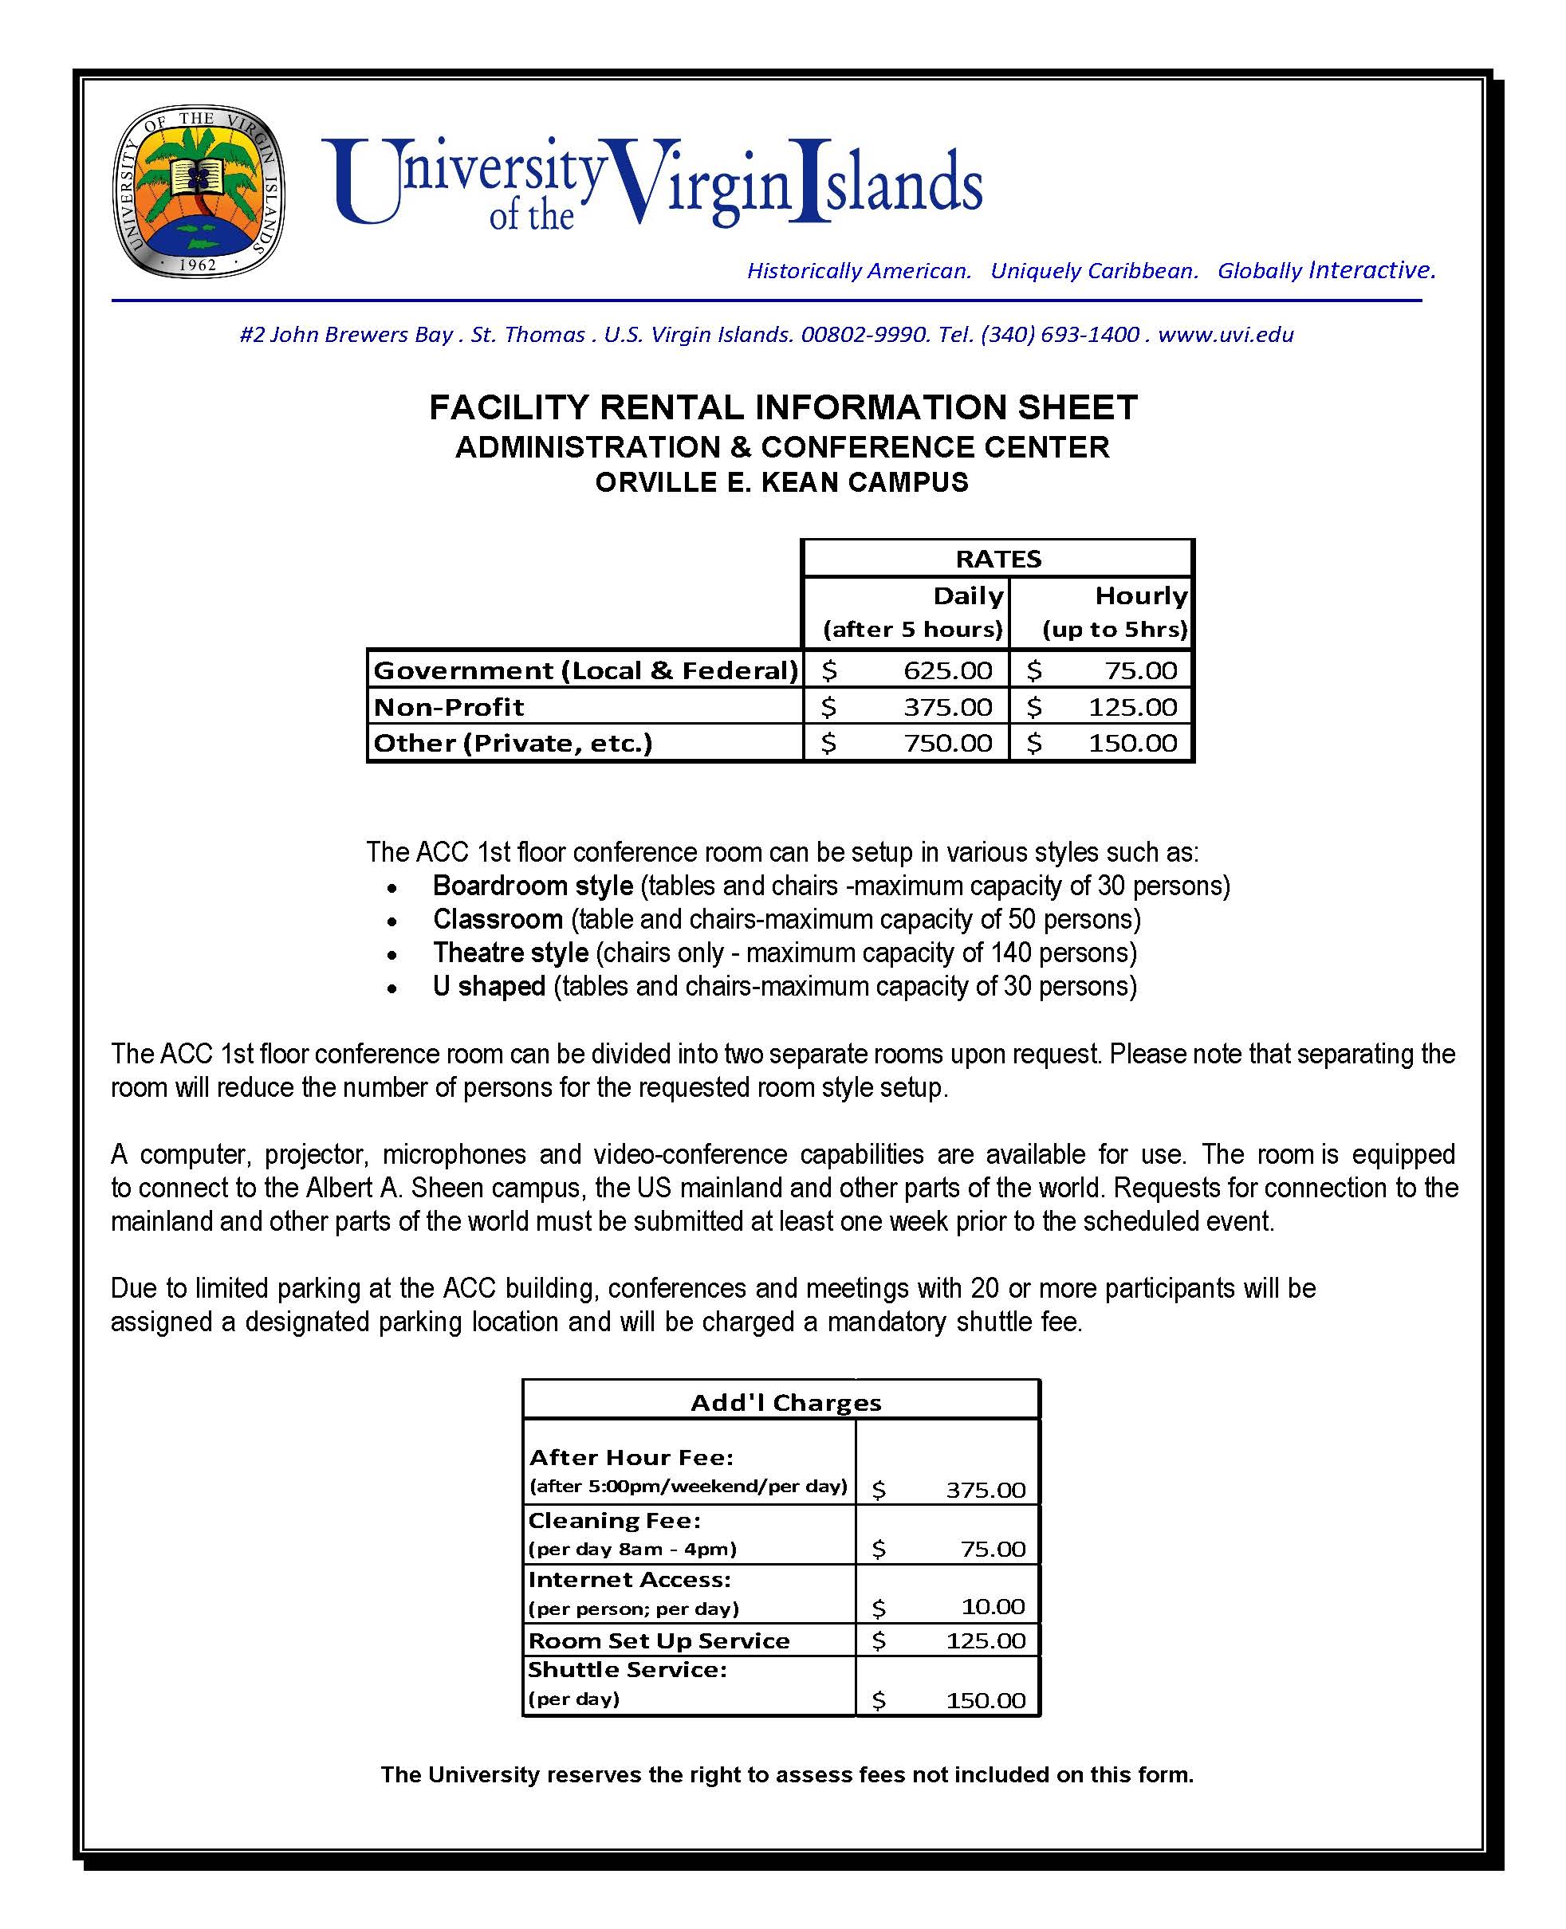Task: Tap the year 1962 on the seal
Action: [x=198, y=264]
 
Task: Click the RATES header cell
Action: [x=997, y=559]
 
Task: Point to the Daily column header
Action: [x=968, y=596]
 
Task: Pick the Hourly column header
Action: [x=1140, y=596]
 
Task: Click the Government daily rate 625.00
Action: [x=947, y=670]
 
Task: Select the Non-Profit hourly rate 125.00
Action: [x=1132, y=707]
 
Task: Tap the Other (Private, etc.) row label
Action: [x=513, y=743]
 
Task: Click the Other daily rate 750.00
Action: [x=947, y=743]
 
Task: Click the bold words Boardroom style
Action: [x=532, y=886]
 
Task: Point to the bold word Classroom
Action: [x=498, y=919]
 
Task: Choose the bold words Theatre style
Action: [x=510, y=953]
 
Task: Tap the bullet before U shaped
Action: [x=391, y=988]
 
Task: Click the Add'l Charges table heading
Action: [x=785, y=1402]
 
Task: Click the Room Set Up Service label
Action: [x=659, y=1640]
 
